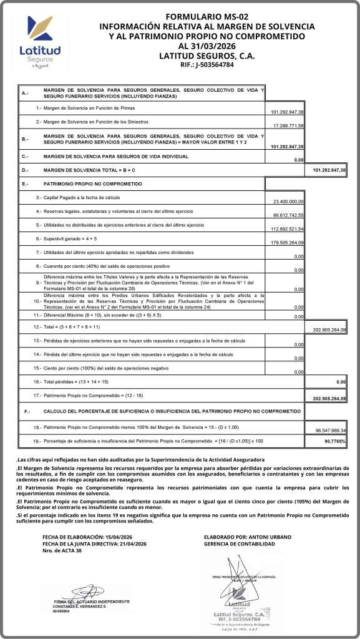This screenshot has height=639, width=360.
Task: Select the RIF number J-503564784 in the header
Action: point(215,64)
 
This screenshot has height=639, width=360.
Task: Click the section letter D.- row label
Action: point(25,170)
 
